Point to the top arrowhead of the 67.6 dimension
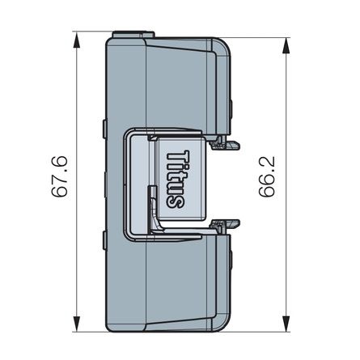(x=75, y=36)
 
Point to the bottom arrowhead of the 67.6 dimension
(x=75, y=327)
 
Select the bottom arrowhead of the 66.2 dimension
(x=285, y=327)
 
